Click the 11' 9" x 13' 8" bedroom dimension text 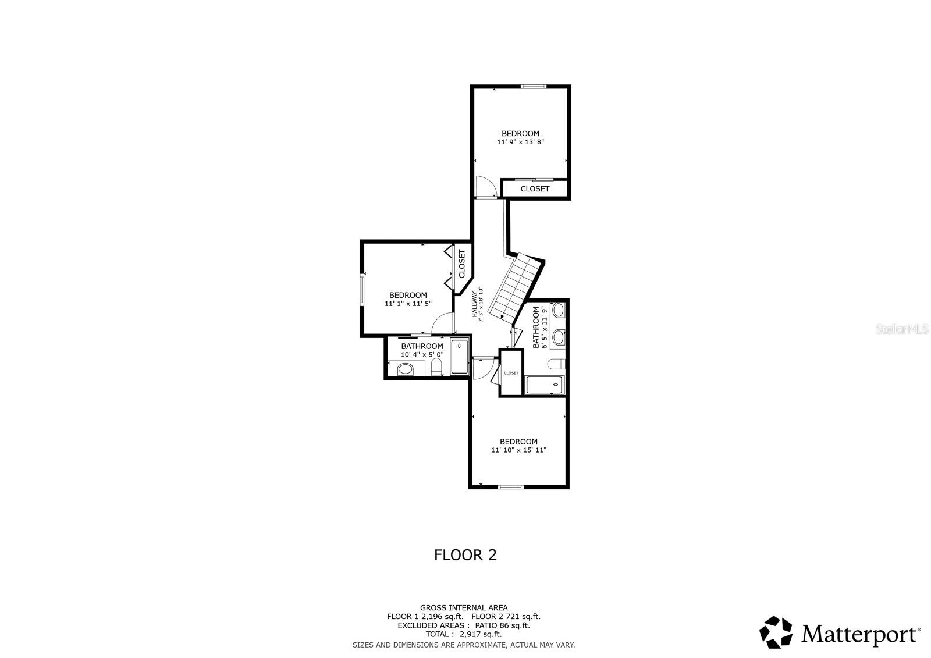point(520,142)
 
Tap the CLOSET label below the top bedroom point(535,189)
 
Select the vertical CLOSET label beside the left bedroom point(462,264)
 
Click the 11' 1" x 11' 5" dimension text point(408,304)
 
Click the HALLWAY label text point(475,303)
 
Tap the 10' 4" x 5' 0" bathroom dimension point(422,354)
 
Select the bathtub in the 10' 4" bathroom point(460,355)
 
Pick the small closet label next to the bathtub point(511,373)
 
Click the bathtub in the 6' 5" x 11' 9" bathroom point(545,385)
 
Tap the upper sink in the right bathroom point(559,310)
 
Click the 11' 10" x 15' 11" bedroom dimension point(518,450)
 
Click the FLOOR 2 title point(465,555)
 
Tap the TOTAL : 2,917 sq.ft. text point(463,634)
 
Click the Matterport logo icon point(776,632)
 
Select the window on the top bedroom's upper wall point(533,87)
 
